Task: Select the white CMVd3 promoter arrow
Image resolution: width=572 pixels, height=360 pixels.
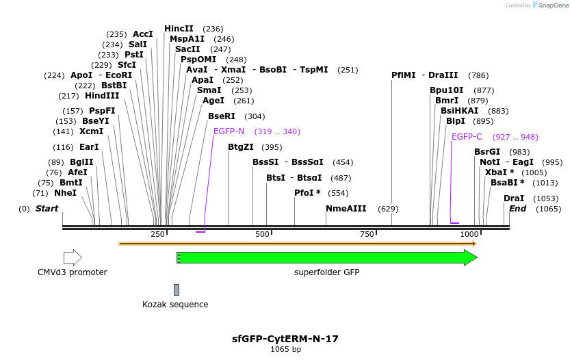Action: tap(73, 258)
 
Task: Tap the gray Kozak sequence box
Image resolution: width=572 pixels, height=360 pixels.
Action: tap(177, 290)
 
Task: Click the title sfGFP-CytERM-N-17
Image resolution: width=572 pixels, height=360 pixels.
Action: tap(285, 339)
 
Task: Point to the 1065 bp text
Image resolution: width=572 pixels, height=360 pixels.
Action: tap(285, 350)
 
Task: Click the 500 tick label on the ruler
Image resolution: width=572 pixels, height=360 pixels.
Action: tap(263, 235)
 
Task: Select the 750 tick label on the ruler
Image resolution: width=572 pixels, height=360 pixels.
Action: tap(367, 235)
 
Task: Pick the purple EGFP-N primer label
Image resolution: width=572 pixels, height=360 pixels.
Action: tap(229, 131)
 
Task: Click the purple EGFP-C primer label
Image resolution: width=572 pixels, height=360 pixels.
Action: tap(467, 137)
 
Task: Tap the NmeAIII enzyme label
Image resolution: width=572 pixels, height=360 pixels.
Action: tap(346, 209)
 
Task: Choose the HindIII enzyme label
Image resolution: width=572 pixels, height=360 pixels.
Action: tap(102, 97)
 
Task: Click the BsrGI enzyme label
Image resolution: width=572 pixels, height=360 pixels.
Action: tap(487, 152)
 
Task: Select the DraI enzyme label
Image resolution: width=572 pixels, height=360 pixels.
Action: tap(514, 198)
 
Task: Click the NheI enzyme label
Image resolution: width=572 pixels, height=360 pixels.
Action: tap(65, 194)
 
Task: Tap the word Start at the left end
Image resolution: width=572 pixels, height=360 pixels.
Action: tap(47, 209)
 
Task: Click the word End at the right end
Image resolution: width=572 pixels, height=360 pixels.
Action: tap(517, 209)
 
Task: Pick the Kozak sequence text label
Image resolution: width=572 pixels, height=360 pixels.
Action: tap(175, 305)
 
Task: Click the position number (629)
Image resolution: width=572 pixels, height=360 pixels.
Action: tap(388, 209)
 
